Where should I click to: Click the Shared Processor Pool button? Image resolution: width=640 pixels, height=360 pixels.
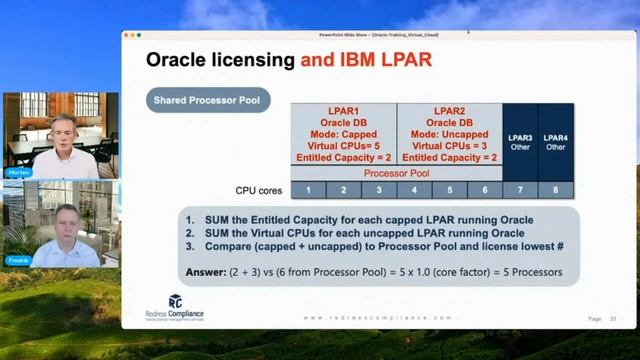point(210,100)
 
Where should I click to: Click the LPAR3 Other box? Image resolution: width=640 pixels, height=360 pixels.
point(520,141)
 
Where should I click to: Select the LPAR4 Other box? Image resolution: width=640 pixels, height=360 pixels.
point(555,141)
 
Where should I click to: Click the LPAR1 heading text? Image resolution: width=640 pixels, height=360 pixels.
point(344,110)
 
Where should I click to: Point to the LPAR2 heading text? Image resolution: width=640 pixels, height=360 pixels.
point(449,110)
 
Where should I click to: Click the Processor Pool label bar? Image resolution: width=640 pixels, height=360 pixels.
point(397,173)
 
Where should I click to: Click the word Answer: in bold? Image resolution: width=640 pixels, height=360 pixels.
point(205,271)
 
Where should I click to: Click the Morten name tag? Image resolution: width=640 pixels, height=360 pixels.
point(19,172)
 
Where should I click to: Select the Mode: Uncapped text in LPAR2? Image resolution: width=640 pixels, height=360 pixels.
point(449,134)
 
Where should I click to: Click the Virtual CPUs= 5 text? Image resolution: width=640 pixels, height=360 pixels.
point(344,146)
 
